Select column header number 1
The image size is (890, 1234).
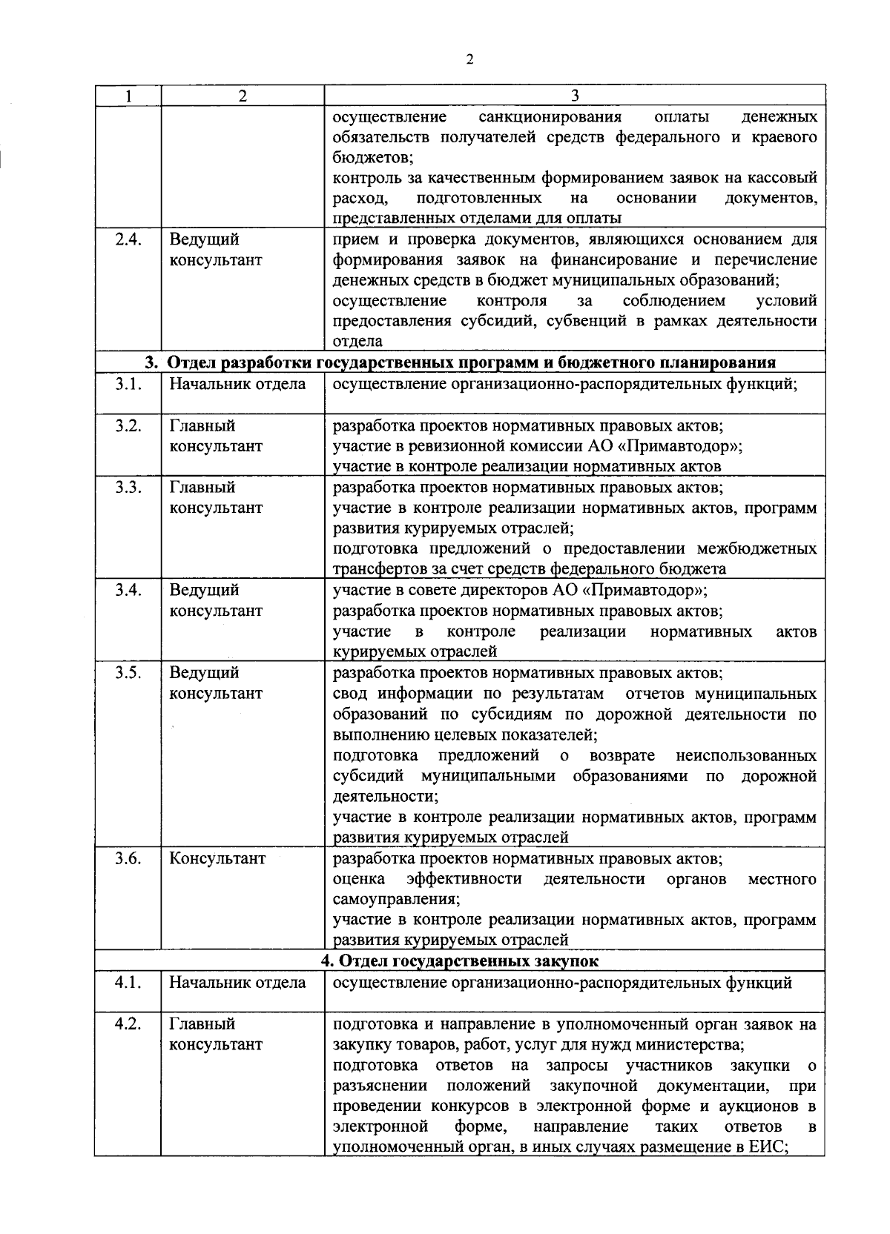(x=128, y=96)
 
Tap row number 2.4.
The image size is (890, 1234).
(x=128, y=240)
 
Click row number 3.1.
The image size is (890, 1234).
(x=128, y=384)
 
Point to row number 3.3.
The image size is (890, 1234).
(x=128, y=488)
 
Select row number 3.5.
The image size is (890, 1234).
(x=128, y=673)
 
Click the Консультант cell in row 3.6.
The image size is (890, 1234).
(x=217, y=858)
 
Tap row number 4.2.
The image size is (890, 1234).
(x=128, y=1024)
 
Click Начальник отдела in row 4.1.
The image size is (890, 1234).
(x=237, y=983)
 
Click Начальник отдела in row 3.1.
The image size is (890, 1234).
(x=237, y=384)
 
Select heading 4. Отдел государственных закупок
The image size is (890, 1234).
(x=460, y=961)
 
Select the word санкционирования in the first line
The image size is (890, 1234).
(x=550, y=117)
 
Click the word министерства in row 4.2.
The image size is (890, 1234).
(x=693, y=1045)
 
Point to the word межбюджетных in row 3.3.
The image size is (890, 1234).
(x=756, y=548)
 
